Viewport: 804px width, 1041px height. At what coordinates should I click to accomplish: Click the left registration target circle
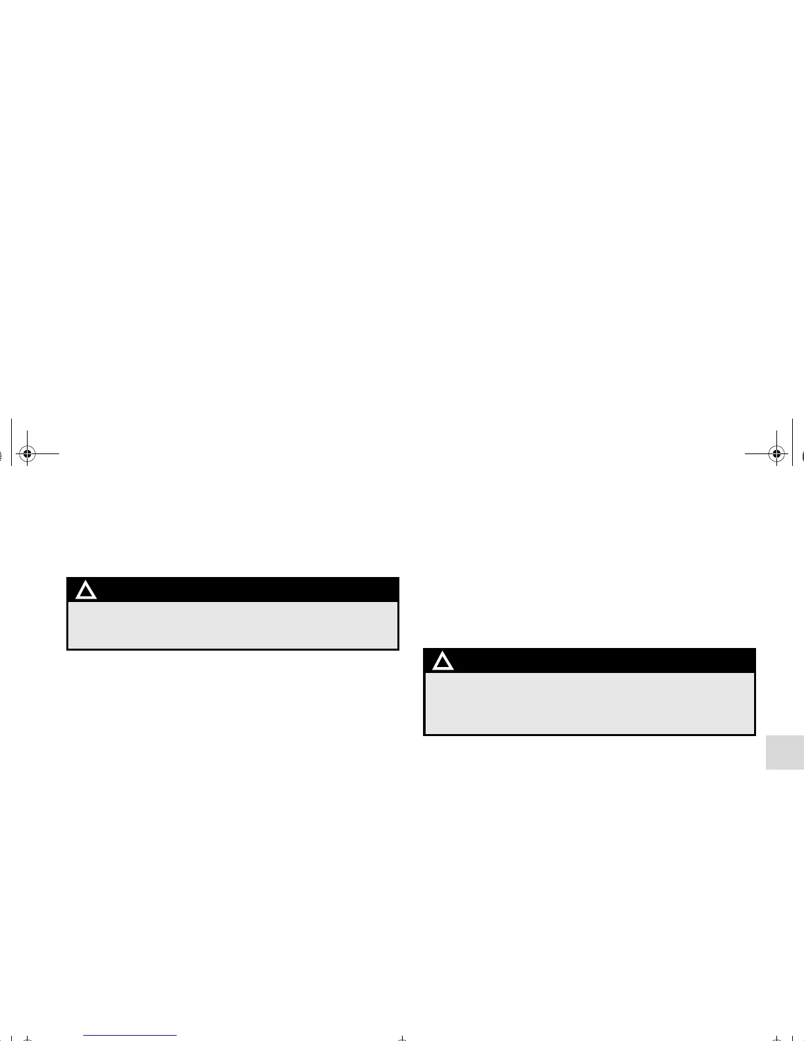coord(26,453)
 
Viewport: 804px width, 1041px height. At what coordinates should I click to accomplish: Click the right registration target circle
coord(777,453)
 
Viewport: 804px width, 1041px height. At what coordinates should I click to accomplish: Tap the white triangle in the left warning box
coord(86,590)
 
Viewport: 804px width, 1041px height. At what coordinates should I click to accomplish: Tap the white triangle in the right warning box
coord(443,661)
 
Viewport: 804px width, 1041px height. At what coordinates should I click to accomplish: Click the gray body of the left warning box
coord(233,625)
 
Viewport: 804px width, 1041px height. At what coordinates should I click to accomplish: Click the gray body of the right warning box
coord(589,703)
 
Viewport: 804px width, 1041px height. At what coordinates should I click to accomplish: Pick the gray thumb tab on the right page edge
coord(785,743)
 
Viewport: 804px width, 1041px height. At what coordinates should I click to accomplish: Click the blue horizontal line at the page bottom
coord(131,1035)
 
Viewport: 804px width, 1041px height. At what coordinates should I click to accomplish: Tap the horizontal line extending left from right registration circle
coord(755,453)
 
